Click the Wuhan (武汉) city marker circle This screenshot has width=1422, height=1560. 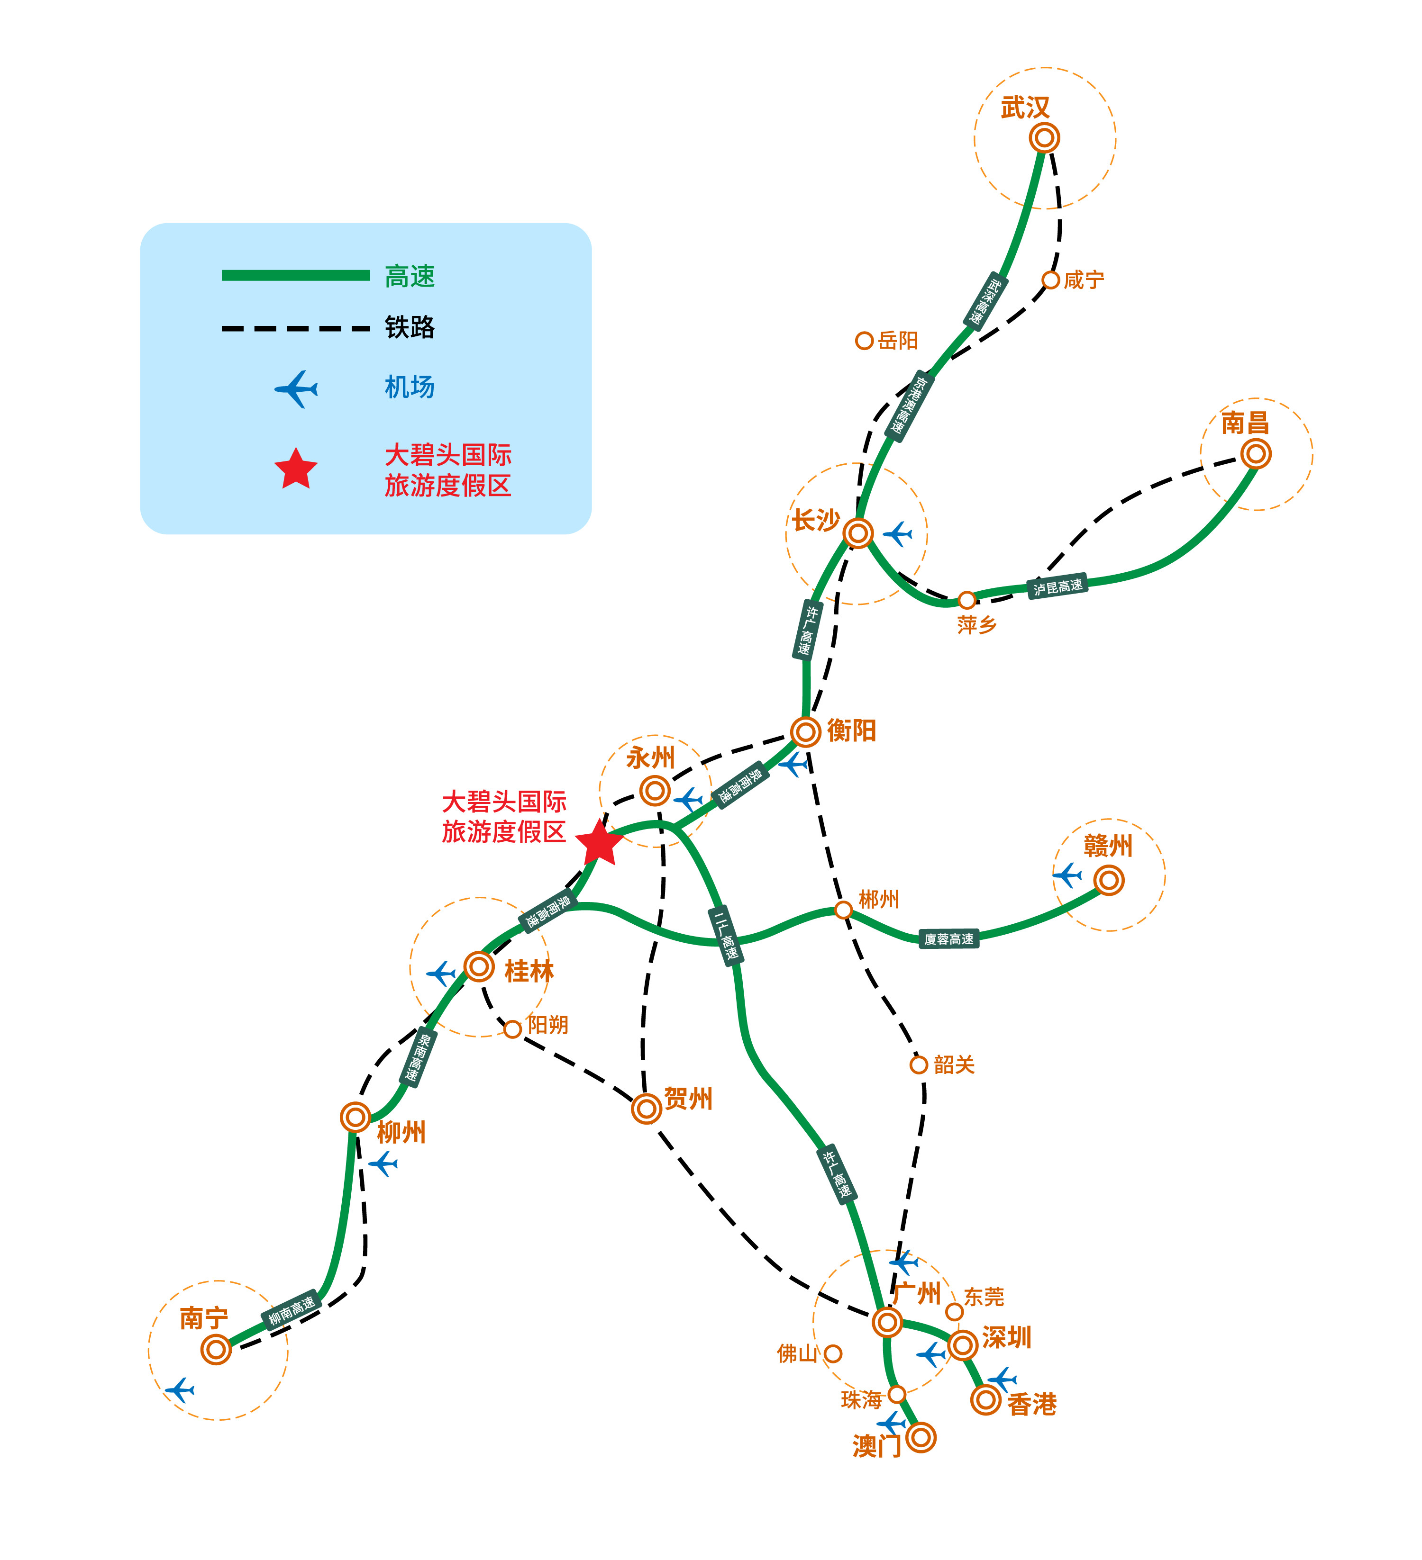1044,138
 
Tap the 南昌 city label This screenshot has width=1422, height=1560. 1245,423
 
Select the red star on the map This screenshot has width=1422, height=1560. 599,843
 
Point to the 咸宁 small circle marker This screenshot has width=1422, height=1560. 1050,280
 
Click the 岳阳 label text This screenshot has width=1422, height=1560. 898,341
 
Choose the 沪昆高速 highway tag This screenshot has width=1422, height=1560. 1057,586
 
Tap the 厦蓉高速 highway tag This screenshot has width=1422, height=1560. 948,938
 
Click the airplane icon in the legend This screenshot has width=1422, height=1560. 296,388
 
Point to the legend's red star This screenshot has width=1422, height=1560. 296,469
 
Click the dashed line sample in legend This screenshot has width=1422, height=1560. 296,328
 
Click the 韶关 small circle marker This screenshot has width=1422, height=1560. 918,1065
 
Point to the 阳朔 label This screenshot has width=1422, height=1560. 547,1025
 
